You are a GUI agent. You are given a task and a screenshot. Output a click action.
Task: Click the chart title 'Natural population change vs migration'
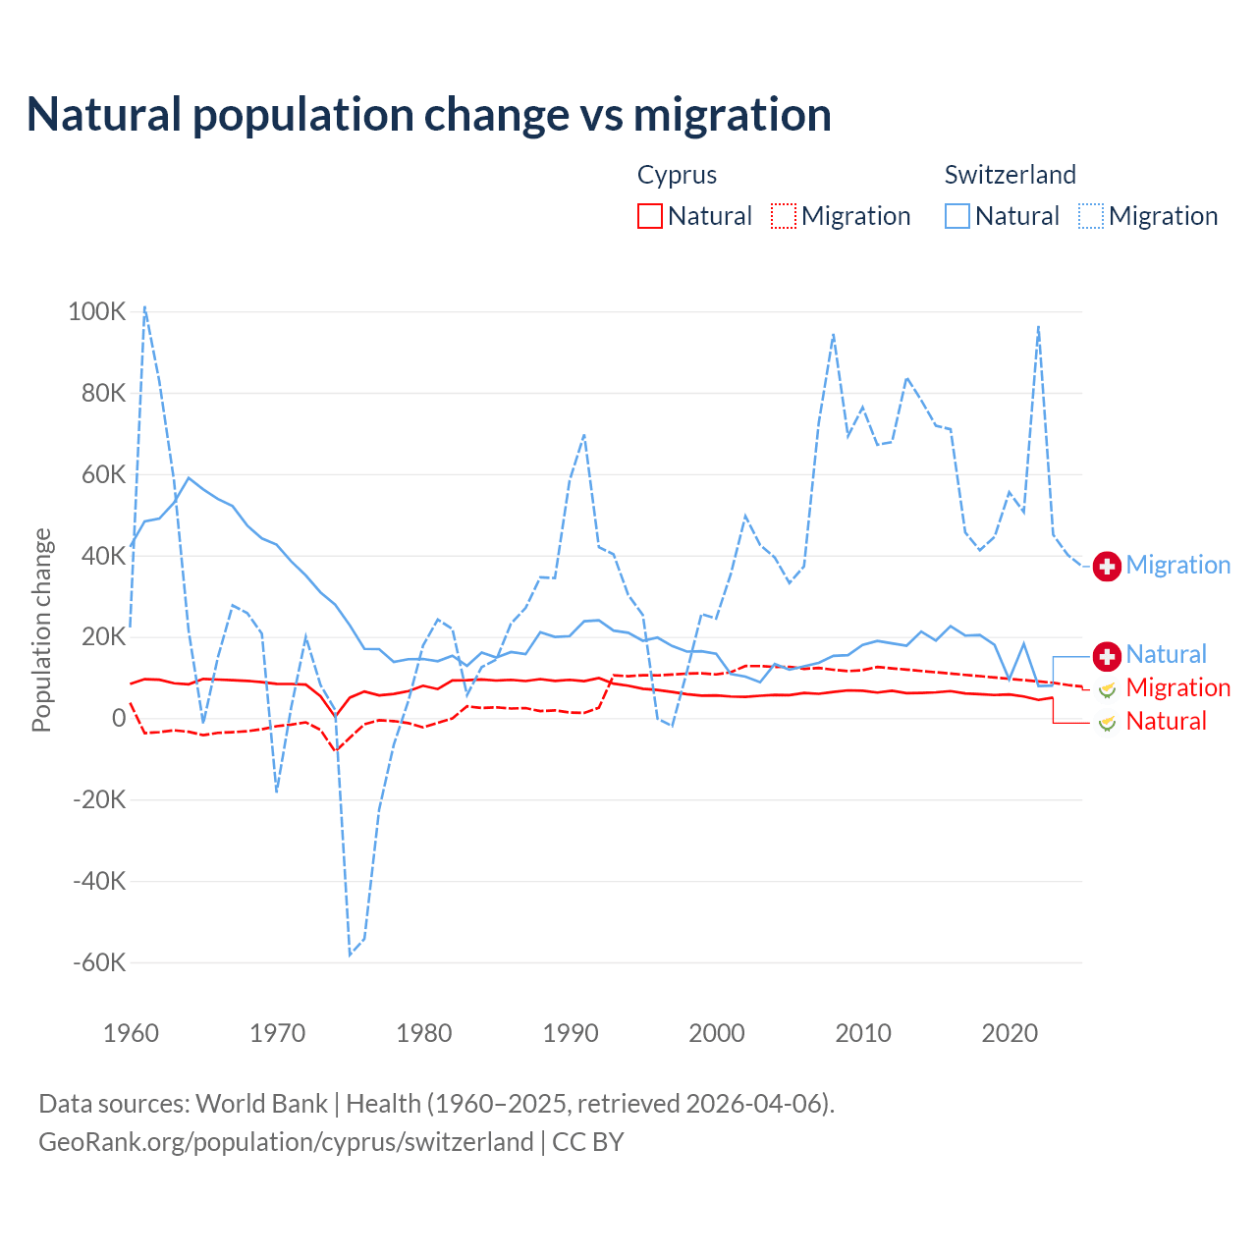tap(429, 115)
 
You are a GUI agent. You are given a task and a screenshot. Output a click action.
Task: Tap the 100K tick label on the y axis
tap(97, 312)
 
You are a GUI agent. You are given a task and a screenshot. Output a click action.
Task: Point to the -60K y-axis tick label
tap(99, 962)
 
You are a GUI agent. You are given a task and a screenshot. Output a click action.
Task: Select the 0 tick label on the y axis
tap(119, 718)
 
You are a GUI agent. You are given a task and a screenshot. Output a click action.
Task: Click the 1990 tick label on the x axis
tap(571, 1033)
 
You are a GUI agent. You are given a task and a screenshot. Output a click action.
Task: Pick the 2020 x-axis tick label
tap(1010, 1033)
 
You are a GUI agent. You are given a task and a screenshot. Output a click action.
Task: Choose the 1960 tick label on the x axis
tap(131, 1033)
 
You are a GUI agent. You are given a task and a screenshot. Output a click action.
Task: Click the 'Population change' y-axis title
tap(41, 629)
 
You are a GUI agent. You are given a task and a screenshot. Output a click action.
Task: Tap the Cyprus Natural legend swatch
tap(650, 216)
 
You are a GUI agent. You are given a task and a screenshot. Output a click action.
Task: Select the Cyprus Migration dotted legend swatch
tap(784, 216)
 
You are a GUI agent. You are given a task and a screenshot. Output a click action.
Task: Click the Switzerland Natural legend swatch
tap(957, 216)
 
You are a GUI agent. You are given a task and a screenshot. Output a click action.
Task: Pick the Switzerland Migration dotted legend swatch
tap(1091, 216)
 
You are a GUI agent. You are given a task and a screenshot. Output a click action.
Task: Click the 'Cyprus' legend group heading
tap(677, 175)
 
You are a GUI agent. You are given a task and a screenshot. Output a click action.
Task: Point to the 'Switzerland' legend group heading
tap(1010, 175)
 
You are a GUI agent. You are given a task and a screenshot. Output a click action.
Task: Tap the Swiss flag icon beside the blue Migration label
tap(1107, 566)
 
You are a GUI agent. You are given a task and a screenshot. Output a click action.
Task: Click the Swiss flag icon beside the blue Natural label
tap(1107, 655)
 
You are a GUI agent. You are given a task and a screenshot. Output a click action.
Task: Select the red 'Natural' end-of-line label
tap(1166, 722)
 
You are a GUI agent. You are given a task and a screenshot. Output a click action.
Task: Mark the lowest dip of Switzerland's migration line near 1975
tap(350, 955)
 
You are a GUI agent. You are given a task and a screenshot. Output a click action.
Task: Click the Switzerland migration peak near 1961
tap(145, 306)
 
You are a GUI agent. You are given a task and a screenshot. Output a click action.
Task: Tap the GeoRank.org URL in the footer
tap(286, 1142)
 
